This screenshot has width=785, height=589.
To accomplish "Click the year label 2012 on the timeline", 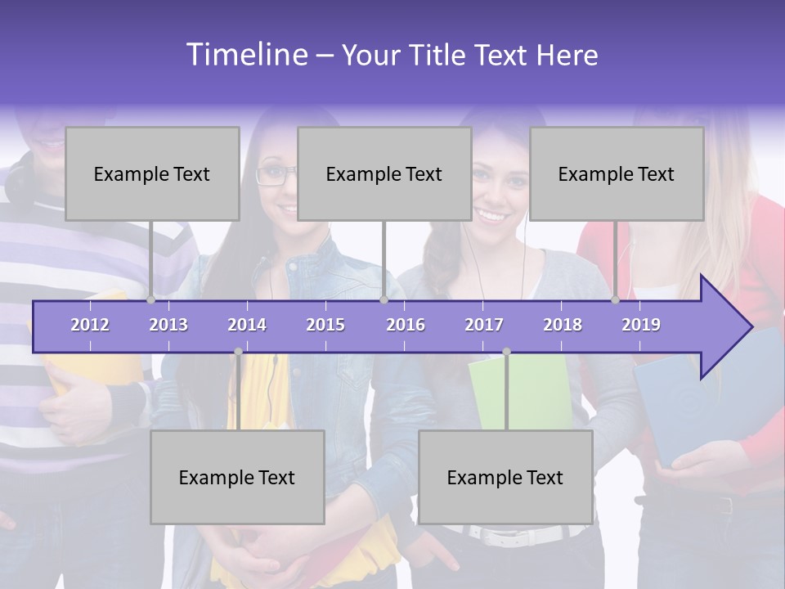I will tap(90, 325).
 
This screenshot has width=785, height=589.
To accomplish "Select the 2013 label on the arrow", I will tap(168, 325).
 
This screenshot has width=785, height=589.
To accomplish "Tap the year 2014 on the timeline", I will tap(247, 325).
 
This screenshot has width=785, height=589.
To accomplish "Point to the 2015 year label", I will tap(325, 325).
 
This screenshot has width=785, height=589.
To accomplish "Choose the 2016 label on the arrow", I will tap(406, 325).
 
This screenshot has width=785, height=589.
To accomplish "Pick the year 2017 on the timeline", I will tap(484, 325).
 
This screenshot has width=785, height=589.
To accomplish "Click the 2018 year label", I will tap(563, 325).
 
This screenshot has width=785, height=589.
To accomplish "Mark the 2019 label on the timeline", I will tap(641, 325).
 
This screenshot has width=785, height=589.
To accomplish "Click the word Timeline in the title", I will tap(246, 55).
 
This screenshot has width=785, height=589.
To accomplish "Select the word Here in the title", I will tap(567, 56).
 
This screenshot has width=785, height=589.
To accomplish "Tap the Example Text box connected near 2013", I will tap(152, 174).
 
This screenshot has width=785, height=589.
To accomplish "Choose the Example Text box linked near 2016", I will tap(384, 174).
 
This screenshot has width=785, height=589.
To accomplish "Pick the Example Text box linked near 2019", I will tap(617, 174).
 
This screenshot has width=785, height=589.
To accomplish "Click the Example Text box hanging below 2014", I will tap(237, 478).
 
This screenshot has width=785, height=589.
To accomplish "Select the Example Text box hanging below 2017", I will tap(505, 478).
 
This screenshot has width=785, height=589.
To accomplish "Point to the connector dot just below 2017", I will tap(506, 352).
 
